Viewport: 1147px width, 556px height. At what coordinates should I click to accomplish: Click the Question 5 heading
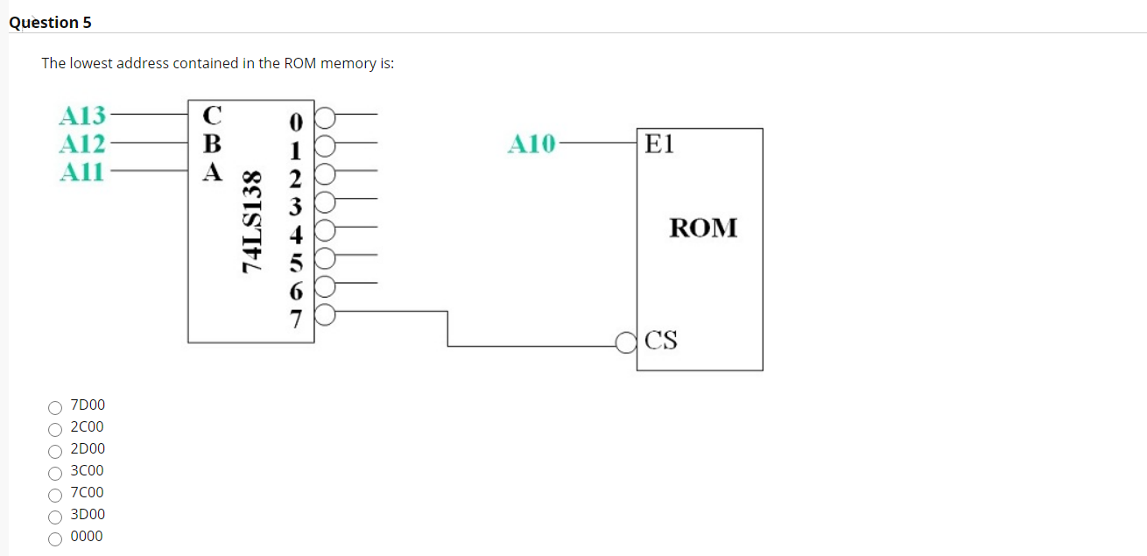tap(50, 23)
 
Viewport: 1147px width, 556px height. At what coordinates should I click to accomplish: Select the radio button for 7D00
tap(55, 407)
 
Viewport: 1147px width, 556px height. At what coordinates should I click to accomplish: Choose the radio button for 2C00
tap(55, 429)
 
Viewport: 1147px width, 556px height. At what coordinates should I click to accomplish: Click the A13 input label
tap(81, 115)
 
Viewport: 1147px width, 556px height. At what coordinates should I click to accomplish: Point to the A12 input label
tap(81, 143)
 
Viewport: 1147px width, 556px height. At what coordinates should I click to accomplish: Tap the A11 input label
tap(81, 172)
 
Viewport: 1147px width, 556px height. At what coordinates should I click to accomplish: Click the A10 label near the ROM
tap(531, 143)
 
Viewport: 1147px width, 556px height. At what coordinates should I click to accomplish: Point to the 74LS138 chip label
tap(252, 221)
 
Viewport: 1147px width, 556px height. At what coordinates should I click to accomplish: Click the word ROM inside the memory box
tap(703, 228)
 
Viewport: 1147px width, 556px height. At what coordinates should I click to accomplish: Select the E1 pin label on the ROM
tap(659, 144)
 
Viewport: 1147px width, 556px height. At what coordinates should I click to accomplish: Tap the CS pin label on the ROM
tap(661, 340)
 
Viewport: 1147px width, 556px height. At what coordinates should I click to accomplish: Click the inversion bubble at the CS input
tap(627, 341)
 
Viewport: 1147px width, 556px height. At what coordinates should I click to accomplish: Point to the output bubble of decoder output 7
tap(325, 315)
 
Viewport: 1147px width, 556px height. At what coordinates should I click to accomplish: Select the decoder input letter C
tap(212, 115)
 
